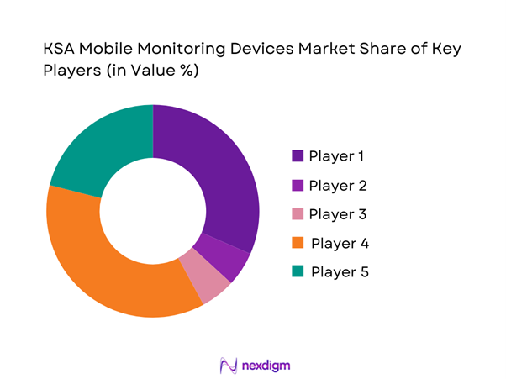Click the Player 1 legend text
tap(337, 156)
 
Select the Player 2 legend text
tap(338, 185)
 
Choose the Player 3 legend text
tap(338, 213)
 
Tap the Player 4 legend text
tap(340, 243)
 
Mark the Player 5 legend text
tap(340, 271)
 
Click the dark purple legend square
tap(298, 156)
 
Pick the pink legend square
tap(298, 213)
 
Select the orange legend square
tap(298, 243)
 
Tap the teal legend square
tap(298, 271)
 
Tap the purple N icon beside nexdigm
tap(228, 365)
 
